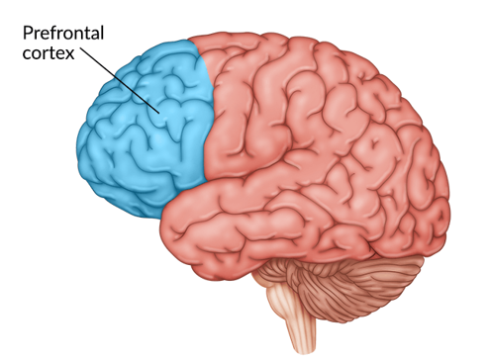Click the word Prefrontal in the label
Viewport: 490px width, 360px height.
[x=63, y=34]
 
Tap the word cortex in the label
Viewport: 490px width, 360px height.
[x=49, y=53]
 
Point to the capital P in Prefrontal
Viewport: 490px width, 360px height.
[x=27, y=34]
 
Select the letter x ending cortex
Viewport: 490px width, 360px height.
[x=69, y=54]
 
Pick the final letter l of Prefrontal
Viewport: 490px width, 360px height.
[x=102, y=33]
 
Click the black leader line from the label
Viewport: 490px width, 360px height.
[x=120, y=81]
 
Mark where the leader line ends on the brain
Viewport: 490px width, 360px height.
[x=159, y=114]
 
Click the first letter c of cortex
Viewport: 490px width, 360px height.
[x=27, y=54]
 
